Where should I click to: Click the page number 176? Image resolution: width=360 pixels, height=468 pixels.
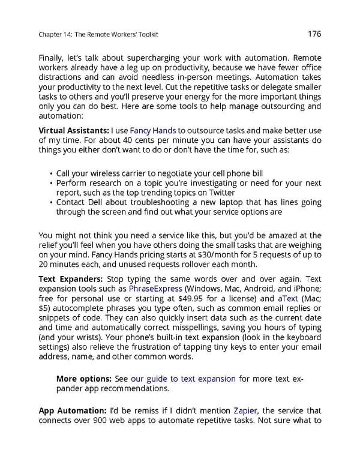[314, 35]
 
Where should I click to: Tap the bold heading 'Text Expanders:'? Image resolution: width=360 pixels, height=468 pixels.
[70, 280]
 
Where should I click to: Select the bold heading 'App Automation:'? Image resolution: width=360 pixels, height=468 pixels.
[73, 410]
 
